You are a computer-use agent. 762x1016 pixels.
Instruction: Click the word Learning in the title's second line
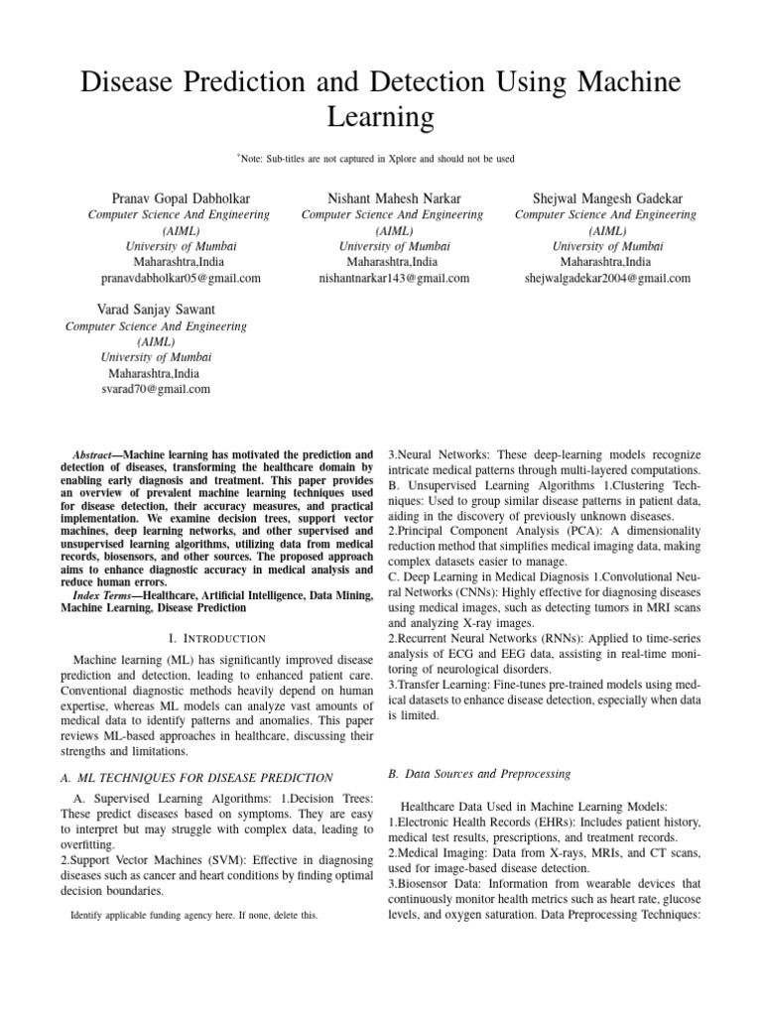(381, 118)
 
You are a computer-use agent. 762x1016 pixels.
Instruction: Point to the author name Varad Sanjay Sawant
(155, 310)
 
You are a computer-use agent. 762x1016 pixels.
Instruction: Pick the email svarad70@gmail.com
(155, 390)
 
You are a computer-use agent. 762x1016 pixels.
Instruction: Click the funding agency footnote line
(194, 915)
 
